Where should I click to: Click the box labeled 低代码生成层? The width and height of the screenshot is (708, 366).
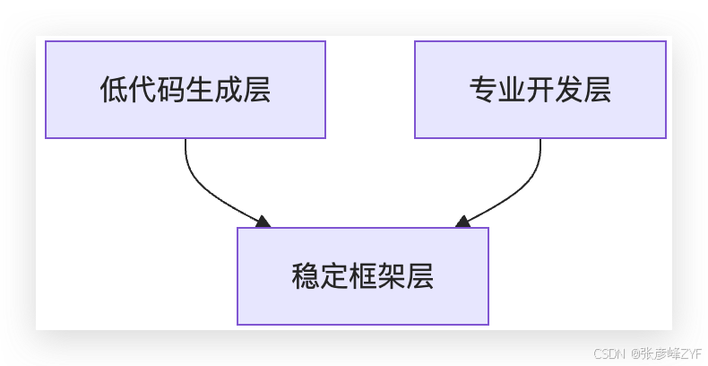pyautogui.click(x=185, y=90)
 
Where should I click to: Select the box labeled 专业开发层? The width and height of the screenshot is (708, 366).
pyautogui.click(x=540, y=90)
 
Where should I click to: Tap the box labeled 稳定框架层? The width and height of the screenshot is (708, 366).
pyautogui.click(x=362, y=276)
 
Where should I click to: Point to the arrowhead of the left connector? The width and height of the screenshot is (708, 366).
pyautogui.click(x=263, y=222)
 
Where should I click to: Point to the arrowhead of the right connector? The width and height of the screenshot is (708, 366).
pyautogui.click(x=462, y=222)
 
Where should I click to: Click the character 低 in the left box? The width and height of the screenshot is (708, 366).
pyautogui.click(x=114, y=91)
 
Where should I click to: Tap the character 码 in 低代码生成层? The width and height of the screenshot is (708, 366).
pyautogui.click(x=170, y=91)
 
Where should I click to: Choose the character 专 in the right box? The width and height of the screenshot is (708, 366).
pyautogui.click(x=484, y=91)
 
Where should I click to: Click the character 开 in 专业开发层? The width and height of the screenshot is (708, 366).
pyautogui.click(x=540, y=91)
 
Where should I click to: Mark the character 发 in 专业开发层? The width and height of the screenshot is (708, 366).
pyautogui.click(x=568, y=91)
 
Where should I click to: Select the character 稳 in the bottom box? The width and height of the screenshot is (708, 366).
pyautogui.click(x=306, y=276)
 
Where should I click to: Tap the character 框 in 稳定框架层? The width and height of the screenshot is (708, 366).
pyautogui.click(x=362, y=276)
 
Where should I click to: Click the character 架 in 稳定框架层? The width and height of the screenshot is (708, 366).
pyautogui.click(x=391, y=276)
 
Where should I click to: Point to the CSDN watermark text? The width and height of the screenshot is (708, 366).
pyautogui.click(x=609, y=353)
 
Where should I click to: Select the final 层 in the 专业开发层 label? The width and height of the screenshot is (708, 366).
pyautogui.click(x=597, y=91)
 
